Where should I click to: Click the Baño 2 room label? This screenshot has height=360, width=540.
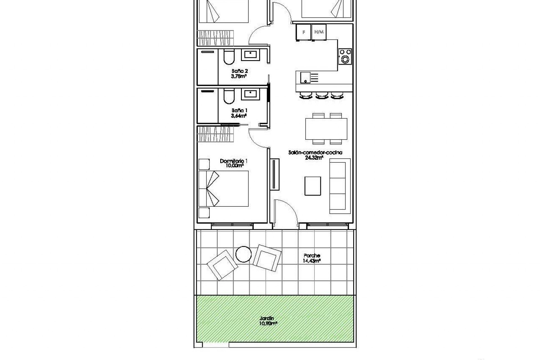(x=240, y=71)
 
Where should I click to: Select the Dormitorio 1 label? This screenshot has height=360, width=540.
(x=234, y=161)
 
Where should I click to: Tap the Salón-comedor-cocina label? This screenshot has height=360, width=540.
(x=315, y=153)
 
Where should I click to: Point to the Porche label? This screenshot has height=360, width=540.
(x=312, y=256)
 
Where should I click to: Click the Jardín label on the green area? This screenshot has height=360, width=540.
(x=267, y=319)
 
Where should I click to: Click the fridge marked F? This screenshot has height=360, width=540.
(x=303, y=32)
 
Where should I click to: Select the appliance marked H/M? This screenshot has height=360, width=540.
(x=319, y=32)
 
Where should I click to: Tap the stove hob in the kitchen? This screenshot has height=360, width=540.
(x=345, y=56)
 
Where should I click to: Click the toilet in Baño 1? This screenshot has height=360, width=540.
(x=228, y=97)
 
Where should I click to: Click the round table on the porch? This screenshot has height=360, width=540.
(x=243, y=254)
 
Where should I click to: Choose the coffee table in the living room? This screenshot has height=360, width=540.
(x=313, y=186)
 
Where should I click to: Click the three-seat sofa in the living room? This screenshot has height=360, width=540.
(x=340, y=186)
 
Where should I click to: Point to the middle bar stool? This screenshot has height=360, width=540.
(x=322, y=95)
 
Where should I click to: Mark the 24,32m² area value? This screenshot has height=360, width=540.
(x=314, y=158)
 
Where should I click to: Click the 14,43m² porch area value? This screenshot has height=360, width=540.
(x=312, y=261)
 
